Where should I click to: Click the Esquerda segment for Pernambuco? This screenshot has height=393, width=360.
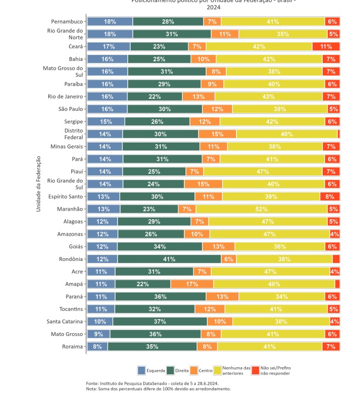coord(110,21)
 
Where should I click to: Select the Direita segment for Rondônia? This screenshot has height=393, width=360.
coord(169,259)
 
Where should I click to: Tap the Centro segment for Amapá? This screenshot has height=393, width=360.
coord(192,284)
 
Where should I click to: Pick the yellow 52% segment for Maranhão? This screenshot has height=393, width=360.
coord(261,209)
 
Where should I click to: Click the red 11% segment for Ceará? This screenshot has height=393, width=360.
coord(326,47)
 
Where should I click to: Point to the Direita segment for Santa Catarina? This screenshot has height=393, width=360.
coord(160,321)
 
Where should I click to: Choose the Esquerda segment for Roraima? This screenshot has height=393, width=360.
coord(97,346)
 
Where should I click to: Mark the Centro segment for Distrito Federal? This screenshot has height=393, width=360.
coord(217,134)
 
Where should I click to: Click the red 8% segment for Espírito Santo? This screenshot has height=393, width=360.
coord(330,196)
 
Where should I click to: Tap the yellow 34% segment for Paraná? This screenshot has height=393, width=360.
coord(282,297)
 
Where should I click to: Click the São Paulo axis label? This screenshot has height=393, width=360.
coord(70,109)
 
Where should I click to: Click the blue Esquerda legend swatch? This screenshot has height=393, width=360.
coord(141,371)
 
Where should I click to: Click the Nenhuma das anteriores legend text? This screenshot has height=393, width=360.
coord(238,371)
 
